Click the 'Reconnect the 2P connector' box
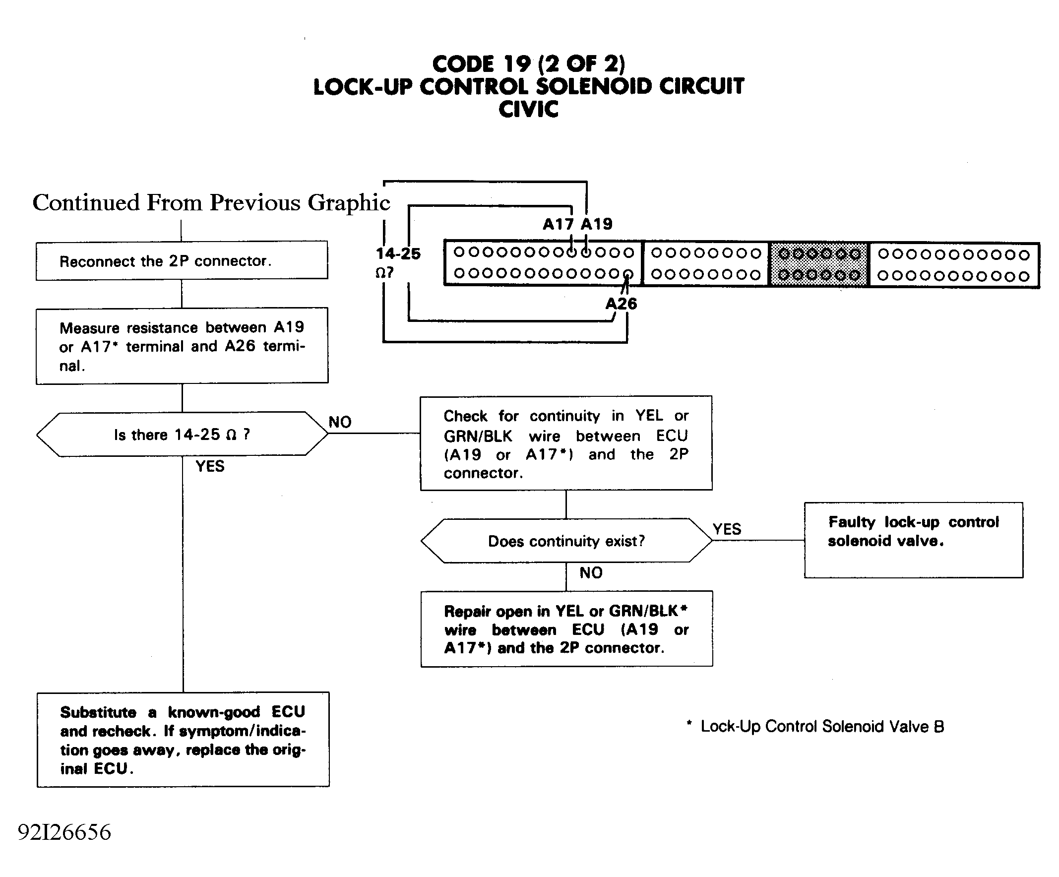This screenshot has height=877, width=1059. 182,260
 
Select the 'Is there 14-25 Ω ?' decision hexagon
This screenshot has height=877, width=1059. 182,434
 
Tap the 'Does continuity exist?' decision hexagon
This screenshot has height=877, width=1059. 566,541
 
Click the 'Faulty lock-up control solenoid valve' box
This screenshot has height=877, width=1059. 913,540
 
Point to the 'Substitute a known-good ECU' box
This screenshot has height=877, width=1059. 183,739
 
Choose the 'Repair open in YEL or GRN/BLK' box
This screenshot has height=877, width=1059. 567,629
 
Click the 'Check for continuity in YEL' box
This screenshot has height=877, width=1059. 566,443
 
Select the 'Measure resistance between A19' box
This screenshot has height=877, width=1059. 182,346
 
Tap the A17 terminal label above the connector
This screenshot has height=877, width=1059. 558,224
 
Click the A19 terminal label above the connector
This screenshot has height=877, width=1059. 597,224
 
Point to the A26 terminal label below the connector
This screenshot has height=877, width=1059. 621,304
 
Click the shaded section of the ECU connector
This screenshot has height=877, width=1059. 819,264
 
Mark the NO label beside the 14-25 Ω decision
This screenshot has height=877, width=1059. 340,422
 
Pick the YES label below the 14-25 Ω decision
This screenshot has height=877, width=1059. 210,466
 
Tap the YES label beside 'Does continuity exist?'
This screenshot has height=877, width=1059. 727,529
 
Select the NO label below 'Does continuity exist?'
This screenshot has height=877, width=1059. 591,573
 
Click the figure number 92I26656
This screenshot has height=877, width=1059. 64,833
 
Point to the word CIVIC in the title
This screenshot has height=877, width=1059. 528,110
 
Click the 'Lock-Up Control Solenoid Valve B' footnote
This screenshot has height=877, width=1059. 815,726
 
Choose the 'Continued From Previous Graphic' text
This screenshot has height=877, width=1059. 211,203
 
